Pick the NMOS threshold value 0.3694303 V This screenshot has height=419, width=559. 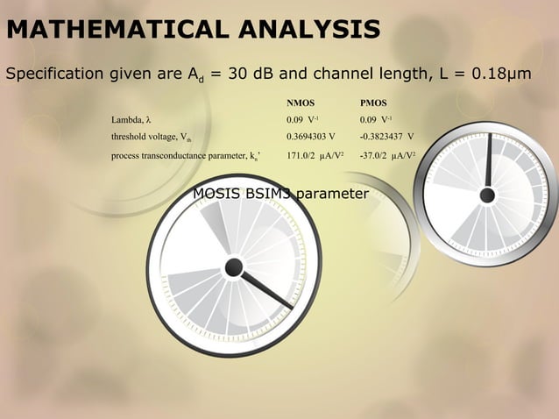[311, 137]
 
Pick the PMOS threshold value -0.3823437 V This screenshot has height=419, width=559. [386, 137]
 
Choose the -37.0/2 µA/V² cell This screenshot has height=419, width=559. [387, 156]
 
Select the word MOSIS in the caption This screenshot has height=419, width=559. [216, 193]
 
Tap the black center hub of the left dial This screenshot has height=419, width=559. [233, 267]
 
